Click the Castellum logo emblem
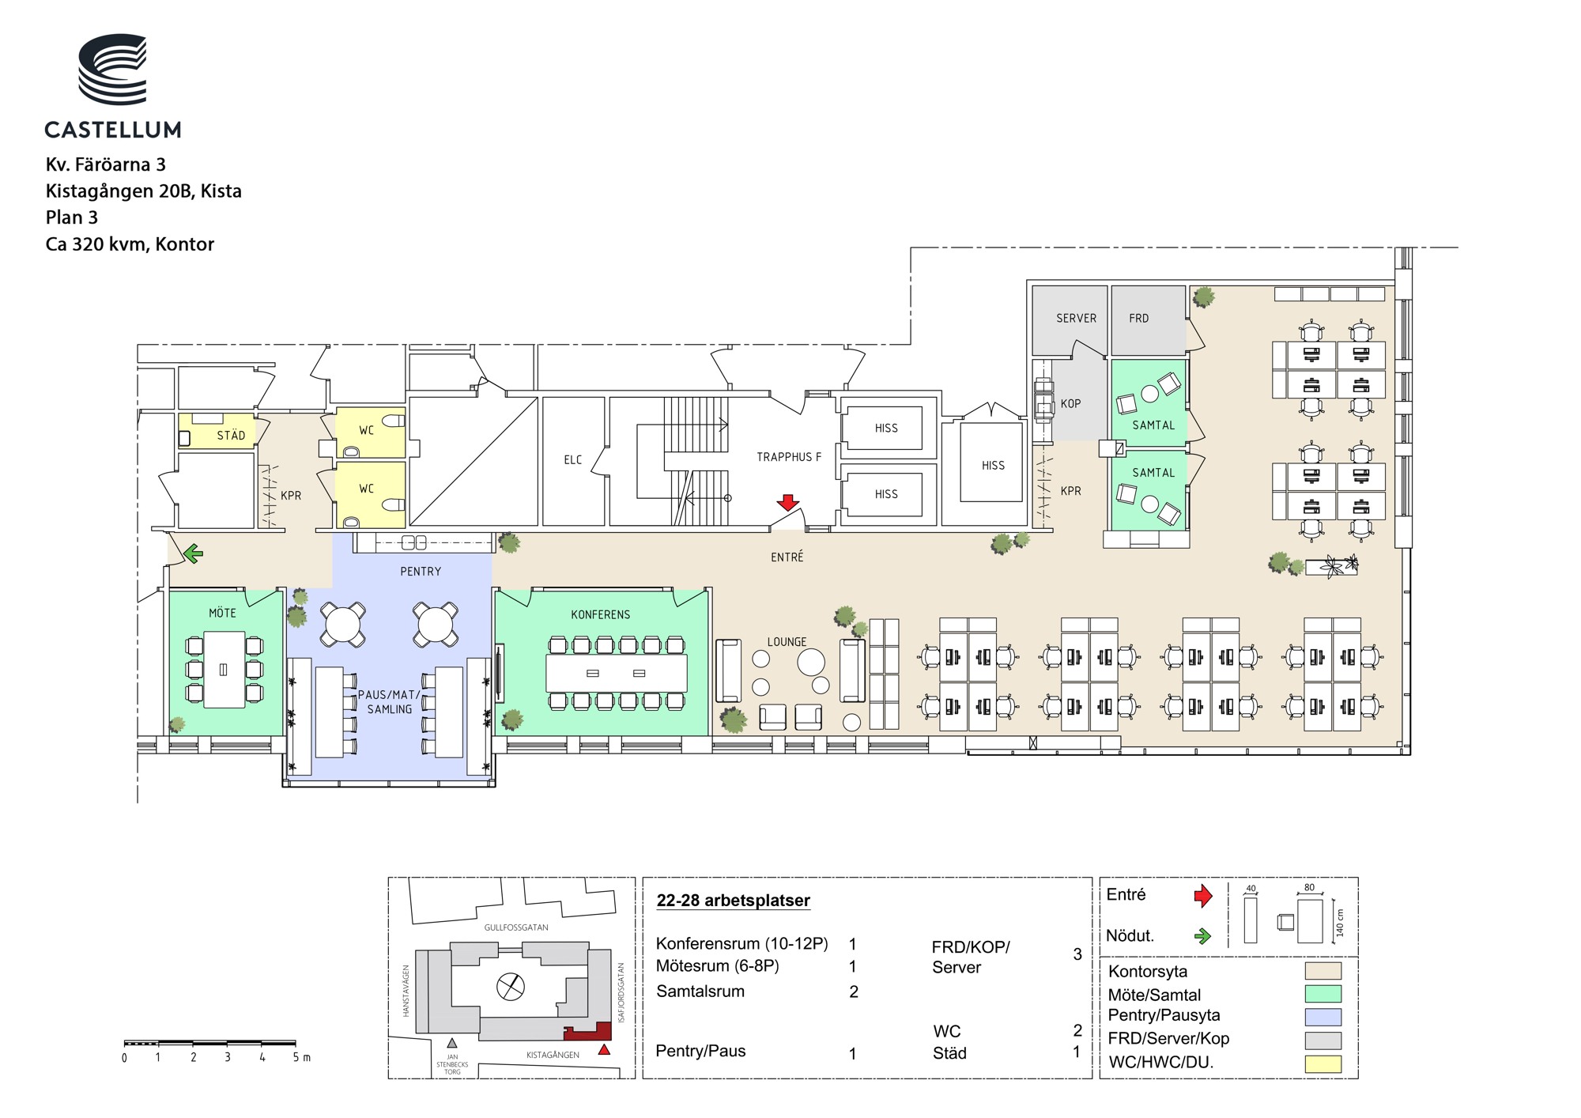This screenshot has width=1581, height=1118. [x=112, y=69]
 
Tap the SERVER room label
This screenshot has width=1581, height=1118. [x=1076, y=319]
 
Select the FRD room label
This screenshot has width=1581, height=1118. [x=1138, y=319]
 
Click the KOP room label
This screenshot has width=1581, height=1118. [x=1070, y=404]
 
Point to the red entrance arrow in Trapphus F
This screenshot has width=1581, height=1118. [x=787, y=502]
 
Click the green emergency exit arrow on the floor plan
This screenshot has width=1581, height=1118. [x=193, y=553]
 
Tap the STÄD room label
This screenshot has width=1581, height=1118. [x=231, y=436]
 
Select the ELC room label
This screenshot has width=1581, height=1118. [x=573, y=460]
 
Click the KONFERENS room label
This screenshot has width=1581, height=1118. [x=601, y=615]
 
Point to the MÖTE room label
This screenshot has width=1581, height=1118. [x=222, y=613]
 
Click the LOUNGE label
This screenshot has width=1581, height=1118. [x=787, y=642]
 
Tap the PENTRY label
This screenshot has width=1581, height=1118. [x=421, y=572]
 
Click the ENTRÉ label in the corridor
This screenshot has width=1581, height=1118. [x=787, y=557]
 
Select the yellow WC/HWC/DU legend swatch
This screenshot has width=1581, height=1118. [x=1323, y=1064]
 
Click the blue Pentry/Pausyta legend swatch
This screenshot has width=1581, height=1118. [x=1323, y=1017]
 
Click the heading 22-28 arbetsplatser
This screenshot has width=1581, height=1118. [x=733, y=901]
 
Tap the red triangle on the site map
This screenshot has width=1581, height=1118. [x=604, y=1050]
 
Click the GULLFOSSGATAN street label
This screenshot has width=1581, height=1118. [x=516, y=927]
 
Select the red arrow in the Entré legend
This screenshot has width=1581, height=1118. [x=1202, y=896]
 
